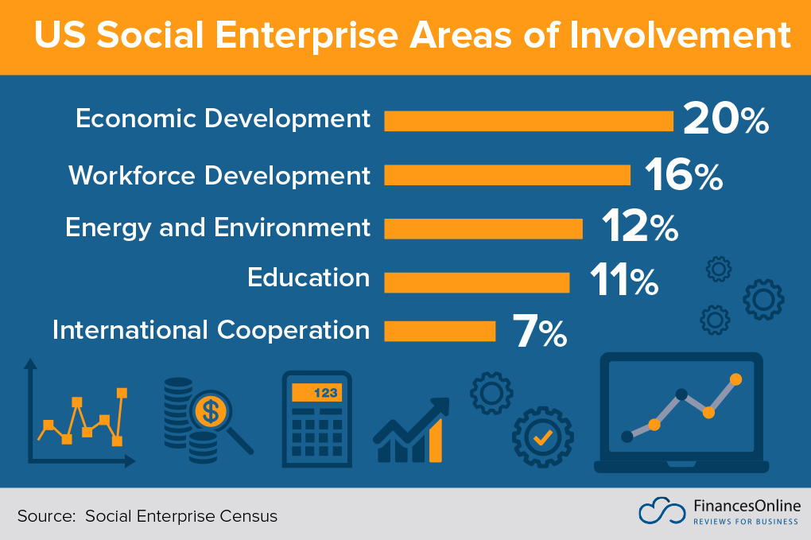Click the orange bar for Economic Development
pos(529,121)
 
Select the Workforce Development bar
pos(507,175)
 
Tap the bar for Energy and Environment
pos(483,229)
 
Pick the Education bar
pos(477,282)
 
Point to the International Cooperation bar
pos(440,330)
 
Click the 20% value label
pos(726,119)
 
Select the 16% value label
pos(683,174)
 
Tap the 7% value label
pos(540,332)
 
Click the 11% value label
pos(624,280)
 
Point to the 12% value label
pos(640,227)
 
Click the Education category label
pos(308,278)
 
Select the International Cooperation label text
pos(211,330)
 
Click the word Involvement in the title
pos(670,36)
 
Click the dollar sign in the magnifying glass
pos(211,411)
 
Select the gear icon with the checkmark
pos(543,436)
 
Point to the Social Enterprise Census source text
pos(181,516)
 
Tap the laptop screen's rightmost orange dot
pos(735,379)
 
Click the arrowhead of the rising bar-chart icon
pos(440,405)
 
